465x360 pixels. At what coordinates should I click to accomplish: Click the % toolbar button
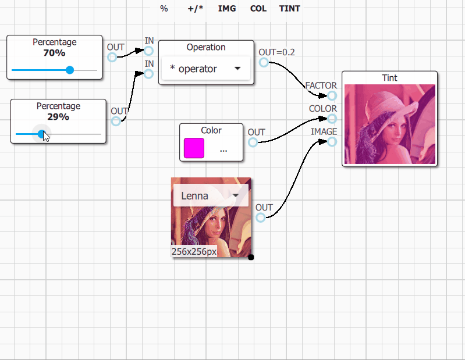pos(164,9)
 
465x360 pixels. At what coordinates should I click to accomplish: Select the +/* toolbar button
pos(196,9)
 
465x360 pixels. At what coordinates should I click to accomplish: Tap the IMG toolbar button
pos(227,9)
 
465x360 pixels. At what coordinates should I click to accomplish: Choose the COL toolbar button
pos(258,9)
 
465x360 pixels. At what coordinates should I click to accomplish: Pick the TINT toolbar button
pos(290,9)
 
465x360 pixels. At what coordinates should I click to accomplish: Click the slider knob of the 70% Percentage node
pos(70,70)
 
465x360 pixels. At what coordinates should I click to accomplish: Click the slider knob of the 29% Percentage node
pos(42,134)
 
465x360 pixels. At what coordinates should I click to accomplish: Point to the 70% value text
pos(54,53)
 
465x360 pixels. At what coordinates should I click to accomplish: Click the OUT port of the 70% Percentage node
pos(112,57)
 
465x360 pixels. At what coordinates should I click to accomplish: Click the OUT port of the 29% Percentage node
pos(116,121)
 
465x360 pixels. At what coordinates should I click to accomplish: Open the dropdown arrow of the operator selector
pos(237,69)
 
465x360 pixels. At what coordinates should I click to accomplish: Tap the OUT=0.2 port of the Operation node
pos(264,62)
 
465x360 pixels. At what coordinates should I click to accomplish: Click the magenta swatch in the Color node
pos(194,148)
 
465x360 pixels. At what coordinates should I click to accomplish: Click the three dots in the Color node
pos(223,151)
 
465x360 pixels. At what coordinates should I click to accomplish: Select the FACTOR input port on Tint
pos(332,95)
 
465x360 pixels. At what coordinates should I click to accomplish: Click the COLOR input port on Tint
pos(332,119)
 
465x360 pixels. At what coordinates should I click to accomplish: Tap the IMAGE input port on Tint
pos(332,142)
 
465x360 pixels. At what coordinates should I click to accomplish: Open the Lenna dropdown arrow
pos(236,195)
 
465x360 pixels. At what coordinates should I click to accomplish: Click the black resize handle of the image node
pos(251,257)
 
